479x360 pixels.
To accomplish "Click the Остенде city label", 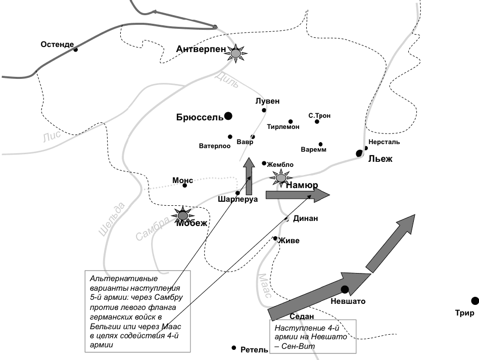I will pos(57,44).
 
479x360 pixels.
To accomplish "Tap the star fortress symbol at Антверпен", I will pos(235,53).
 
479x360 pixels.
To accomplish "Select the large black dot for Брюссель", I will pos(228,116).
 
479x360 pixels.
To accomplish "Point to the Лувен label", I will pos(267,101).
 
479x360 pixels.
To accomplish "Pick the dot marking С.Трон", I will pos(317,121).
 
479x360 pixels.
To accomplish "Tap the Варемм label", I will pos(313,150).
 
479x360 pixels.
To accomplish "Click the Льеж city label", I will pos(380,159).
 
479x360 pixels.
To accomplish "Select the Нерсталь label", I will pos(384,142).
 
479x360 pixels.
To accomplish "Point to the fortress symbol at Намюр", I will pos(280,177).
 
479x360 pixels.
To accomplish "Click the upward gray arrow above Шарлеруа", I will pos(248,176).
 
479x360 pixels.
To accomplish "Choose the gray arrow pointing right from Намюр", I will pos(297,195).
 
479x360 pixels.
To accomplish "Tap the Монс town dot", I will pos(185,186).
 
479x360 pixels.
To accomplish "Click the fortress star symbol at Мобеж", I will pos(182,216).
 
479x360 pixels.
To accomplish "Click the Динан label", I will pos(305,218).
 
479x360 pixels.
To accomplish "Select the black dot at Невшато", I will pos(345,290).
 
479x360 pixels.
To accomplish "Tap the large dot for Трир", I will pos(474,301).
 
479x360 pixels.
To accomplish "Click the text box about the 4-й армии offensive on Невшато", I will pos(312,336).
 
